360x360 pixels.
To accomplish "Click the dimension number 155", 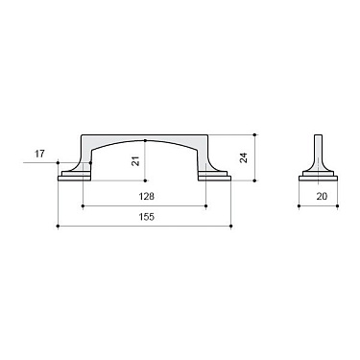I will [144, 218].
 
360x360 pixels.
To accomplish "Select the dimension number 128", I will [145, 196].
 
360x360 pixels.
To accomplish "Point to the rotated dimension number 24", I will [244, 156].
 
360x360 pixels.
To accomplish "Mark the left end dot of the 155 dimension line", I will [59, 228].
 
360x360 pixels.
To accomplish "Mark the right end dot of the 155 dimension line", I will [230, 228].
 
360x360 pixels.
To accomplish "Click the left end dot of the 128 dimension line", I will [84, 204].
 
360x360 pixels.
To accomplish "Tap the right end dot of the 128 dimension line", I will [205, 204].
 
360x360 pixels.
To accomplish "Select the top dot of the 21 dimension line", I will [145, 140].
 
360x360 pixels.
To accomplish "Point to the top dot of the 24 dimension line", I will [255, 133].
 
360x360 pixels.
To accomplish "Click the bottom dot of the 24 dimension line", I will [255, 180].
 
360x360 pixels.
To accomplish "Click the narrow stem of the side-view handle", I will [317, 149].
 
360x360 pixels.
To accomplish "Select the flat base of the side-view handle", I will [317, 177].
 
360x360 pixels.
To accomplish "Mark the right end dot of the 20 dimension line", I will [332, 204].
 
